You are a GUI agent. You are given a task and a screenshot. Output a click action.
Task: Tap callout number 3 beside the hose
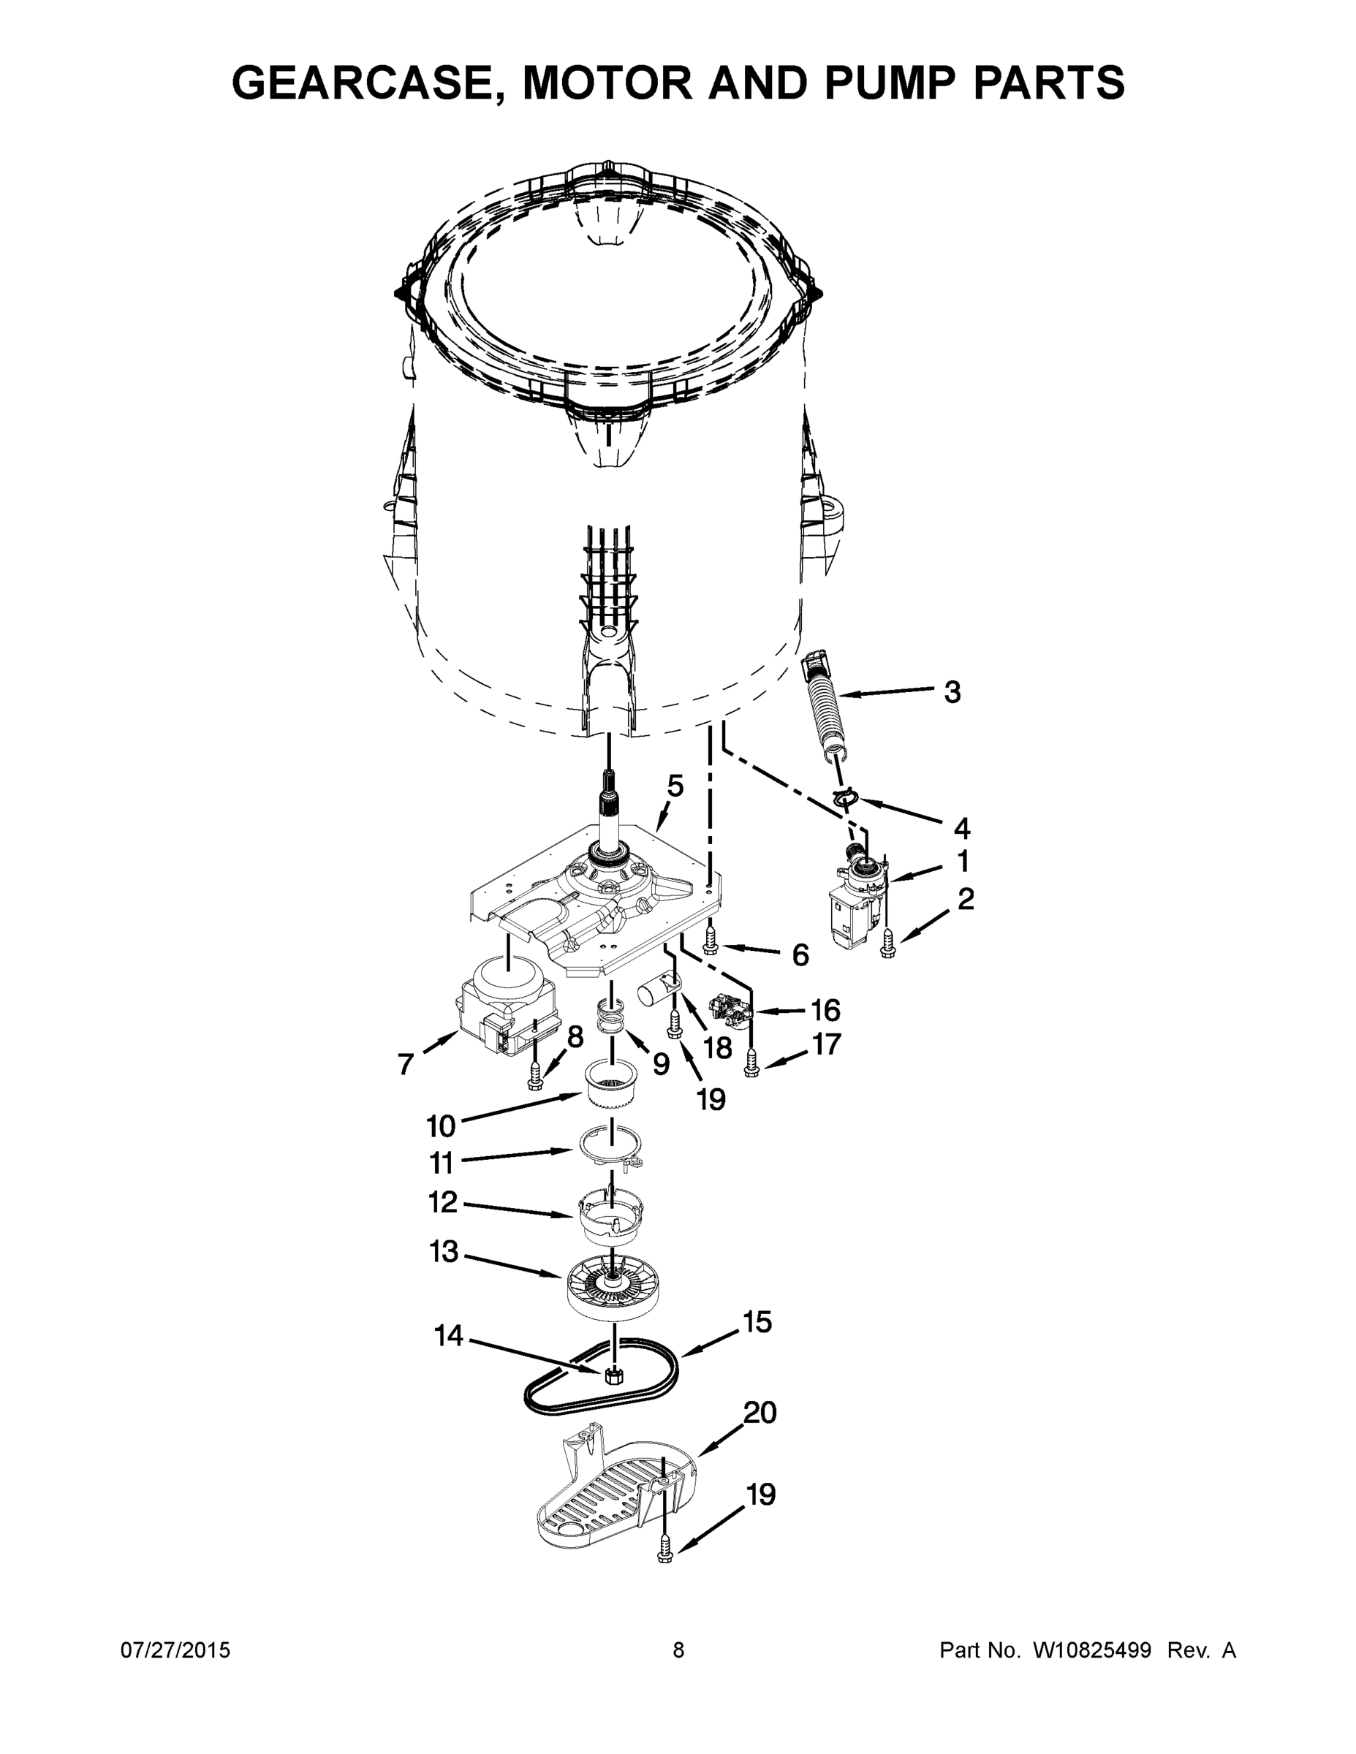click(x=952, y=691)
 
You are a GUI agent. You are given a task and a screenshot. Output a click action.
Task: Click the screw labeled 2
click(x=887, y=943)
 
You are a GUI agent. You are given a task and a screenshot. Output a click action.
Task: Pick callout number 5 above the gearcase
click(x=675, y=786)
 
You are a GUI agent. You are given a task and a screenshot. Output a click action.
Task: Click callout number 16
click(x=825, y=1009)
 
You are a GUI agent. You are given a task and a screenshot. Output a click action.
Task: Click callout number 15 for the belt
click(x=757, y=1321)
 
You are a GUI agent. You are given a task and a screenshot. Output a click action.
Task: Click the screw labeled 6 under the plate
click(x=710, y=939)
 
